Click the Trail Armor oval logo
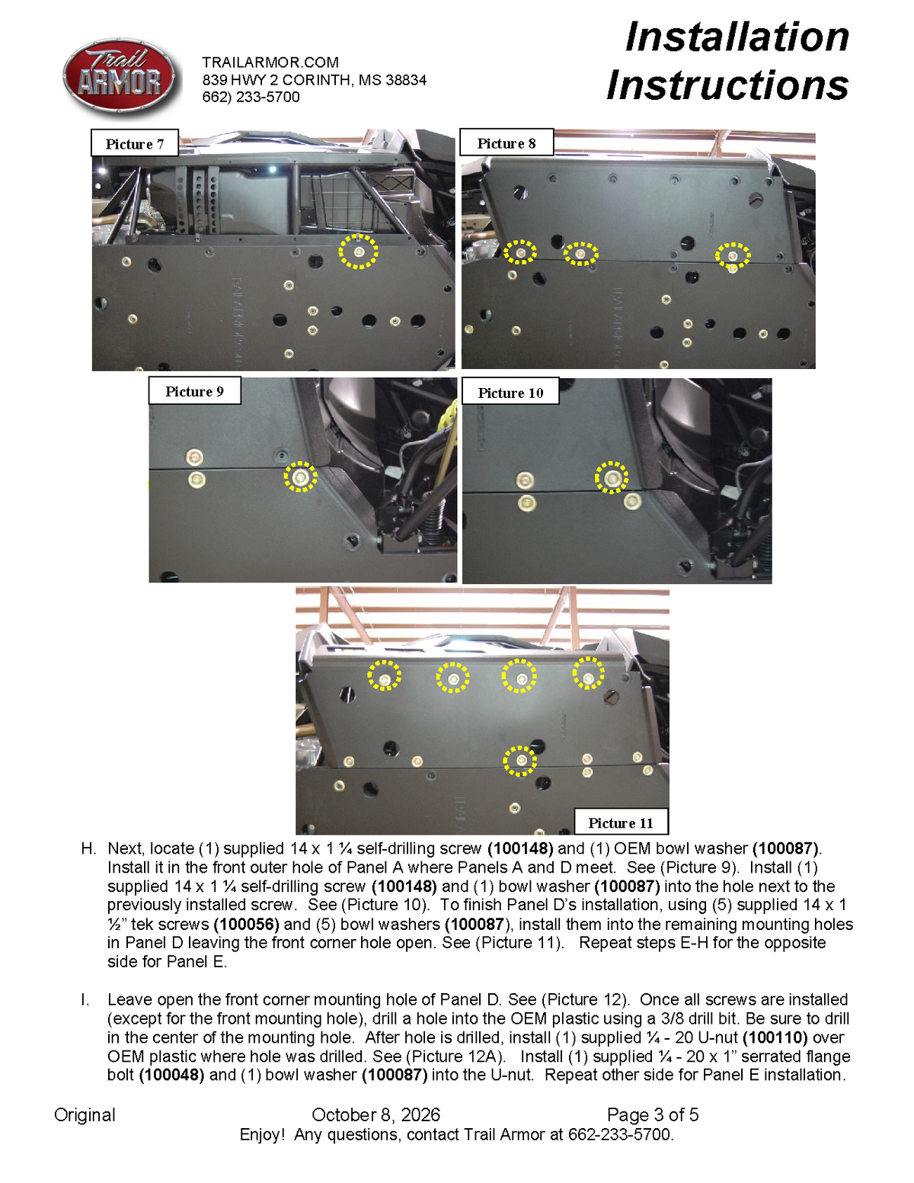click(x=119, y=77)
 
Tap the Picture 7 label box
click(x=134, y=143)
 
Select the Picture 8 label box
click(x=506, y=143)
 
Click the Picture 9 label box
click(x=194, y=391)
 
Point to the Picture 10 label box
click(x=510, y=392)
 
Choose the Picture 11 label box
click(x=621, y=822)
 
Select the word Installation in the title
click(x=737, y=37)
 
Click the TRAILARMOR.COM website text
click(x=270, y=62)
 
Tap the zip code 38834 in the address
click(x=406, y=80)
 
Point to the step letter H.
click(x=88, y=848)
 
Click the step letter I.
click(x=85, y=999)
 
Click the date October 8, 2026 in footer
click(x=376, y=1115)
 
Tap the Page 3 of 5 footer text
click(x=653, y=1114)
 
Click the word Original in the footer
click(x=85, y=1115)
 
